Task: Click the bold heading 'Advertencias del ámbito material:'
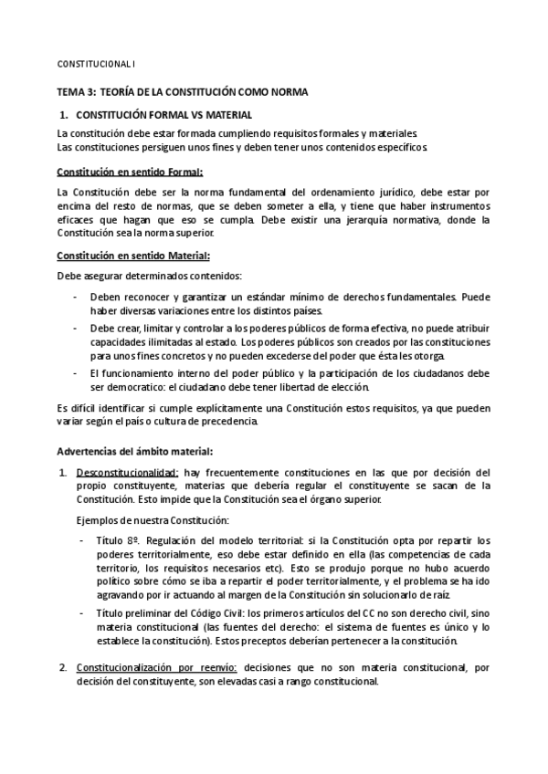[x=135, y=451]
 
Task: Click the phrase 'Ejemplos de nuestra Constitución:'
[x=152, y=519]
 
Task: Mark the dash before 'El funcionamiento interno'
[x=74, y=373]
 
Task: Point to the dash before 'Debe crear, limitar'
[x=74, y=327]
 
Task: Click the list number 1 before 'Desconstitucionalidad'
[x=62, y=473]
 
